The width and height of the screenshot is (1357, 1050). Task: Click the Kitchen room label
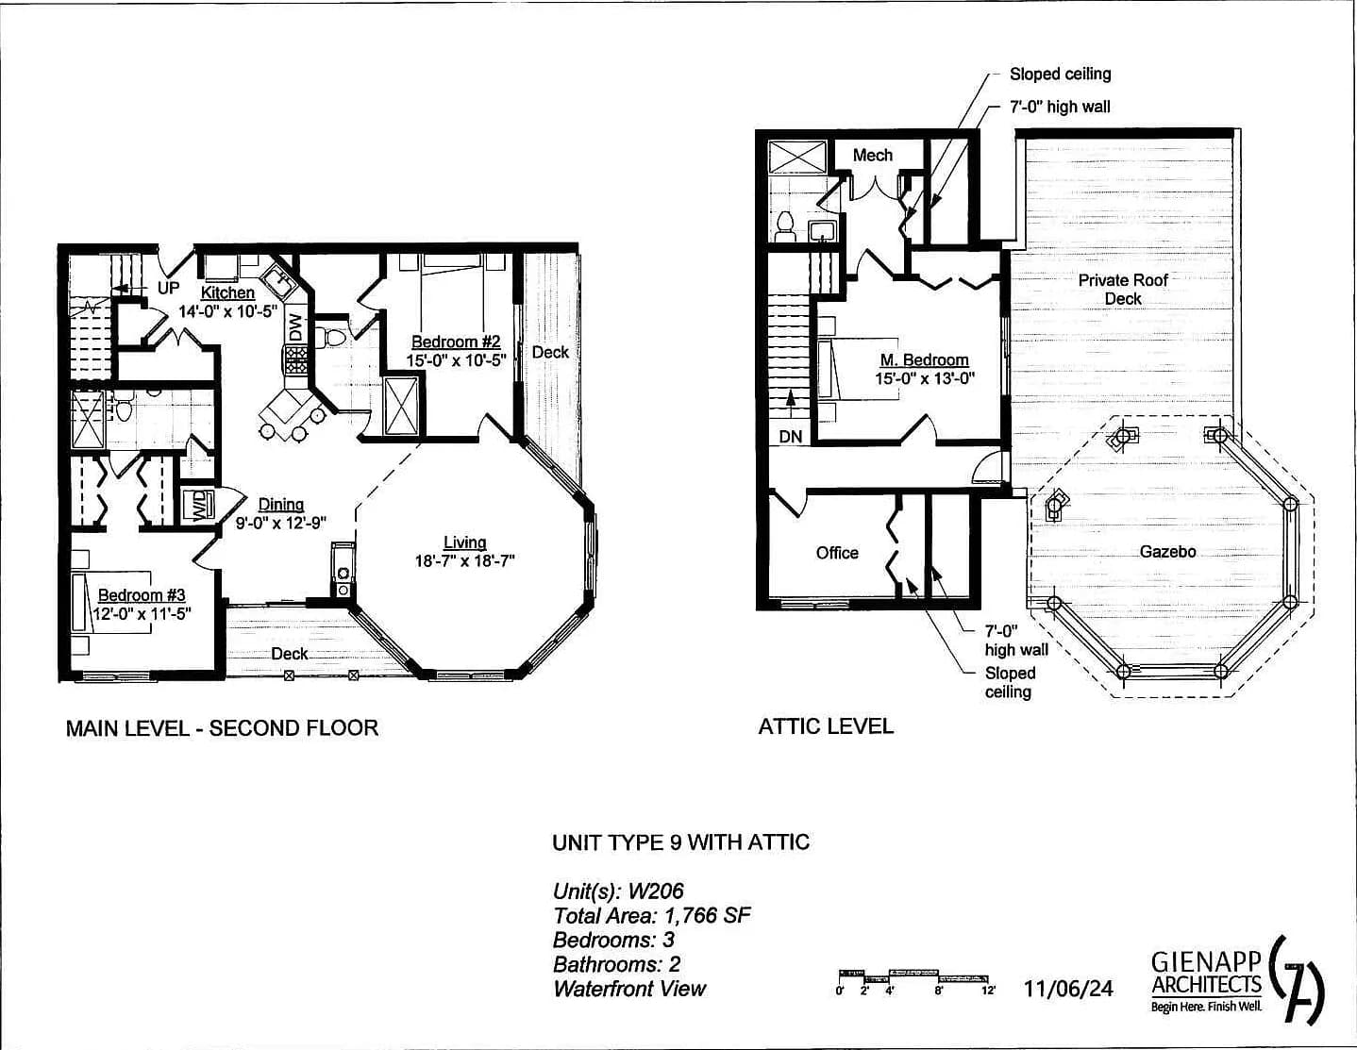click(x=227, y=292)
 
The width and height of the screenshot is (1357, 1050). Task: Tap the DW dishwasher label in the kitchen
click(x=295, y=326)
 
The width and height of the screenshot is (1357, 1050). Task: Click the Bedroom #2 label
click(x=456, y=342)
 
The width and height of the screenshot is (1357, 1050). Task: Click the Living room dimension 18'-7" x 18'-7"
click(x=464, y=560)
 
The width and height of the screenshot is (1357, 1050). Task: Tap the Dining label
click(x=281, y=505)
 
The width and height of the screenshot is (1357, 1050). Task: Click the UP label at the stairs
click(x=168, y=289)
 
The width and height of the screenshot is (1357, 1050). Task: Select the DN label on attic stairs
click(x=791, y=437)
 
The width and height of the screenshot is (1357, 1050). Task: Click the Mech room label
click(x=872, y=155)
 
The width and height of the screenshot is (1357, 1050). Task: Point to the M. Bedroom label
click(x=924, y=359)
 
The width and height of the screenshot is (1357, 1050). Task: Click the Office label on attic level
click(x=837, y=553)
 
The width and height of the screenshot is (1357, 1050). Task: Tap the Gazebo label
click(x=1167, y=551)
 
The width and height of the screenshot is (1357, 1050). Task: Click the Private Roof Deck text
click(x=1123, y=289)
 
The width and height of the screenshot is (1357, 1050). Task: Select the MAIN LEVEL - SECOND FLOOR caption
click(x=222, y=727)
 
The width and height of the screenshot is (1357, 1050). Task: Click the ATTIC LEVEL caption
click(x=826, y=725)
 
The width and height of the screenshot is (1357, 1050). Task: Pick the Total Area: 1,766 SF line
click(x=651, y=915)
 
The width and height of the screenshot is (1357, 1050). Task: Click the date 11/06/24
click(x=1068, y=988)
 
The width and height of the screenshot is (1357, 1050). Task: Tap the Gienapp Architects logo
click(x=1236, y=981)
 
